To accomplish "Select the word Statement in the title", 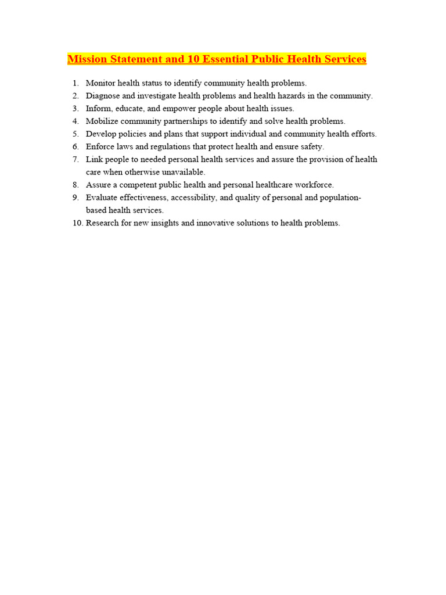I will point(135,59).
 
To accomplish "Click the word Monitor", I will point(100,83).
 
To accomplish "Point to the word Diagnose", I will point(103,96).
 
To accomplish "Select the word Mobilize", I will point(103,121).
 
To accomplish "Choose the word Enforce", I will point(101,147).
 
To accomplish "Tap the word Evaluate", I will point(102,198).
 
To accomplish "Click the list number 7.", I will point(75,160).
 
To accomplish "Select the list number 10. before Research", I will point(78,223).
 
